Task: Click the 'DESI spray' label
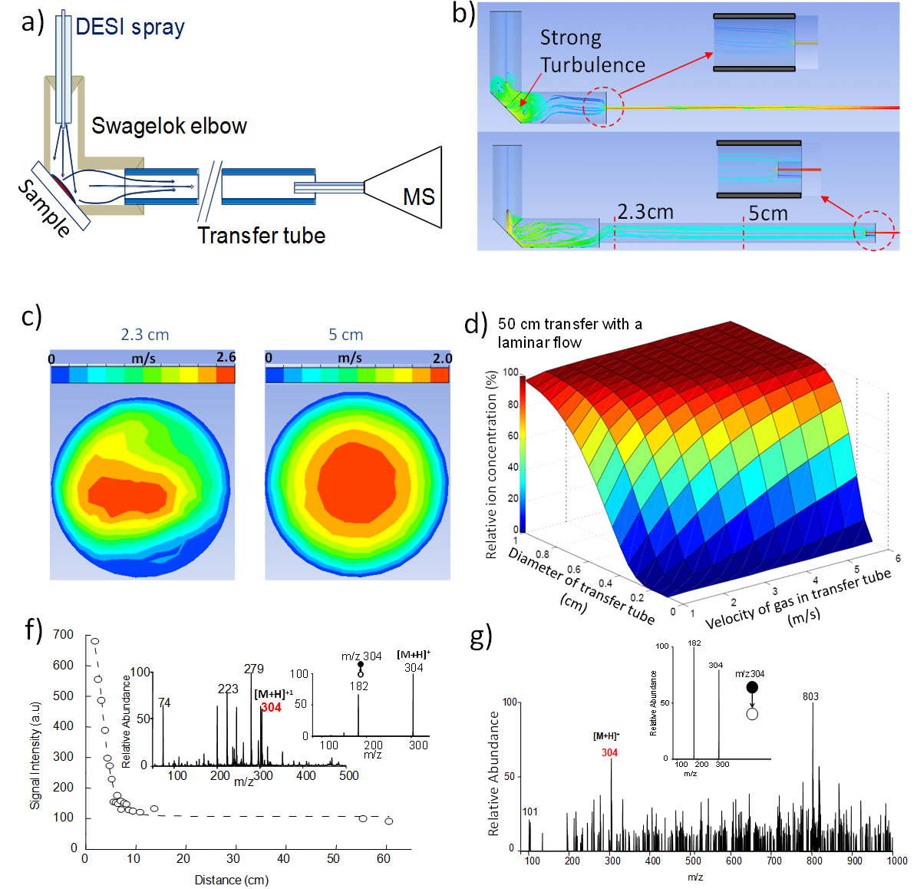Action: pos(130,28)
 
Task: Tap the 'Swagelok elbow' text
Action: pos(169,126)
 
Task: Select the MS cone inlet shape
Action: pos(405,187)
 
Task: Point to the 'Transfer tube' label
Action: pos(261,236)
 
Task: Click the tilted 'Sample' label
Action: pos(45,208)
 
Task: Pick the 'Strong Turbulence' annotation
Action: pos(592,51)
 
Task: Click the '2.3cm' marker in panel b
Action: pos(645,212)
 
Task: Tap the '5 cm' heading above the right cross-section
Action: pos(345,335)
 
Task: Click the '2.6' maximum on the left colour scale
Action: pos(226,358)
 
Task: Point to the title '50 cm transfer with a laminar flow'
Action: pos(569,333)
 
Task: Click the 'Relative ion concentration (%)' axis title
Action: pos(491,464)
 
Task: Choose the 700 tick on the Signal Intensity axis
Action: pos(64,634)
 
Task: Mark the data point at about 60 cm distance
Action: pos(389,821)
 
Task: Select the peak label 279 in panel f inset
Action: pos(254,669)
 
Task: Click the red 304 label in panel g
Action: pos(609,752)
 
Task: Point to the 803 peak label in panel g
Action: pos(810,696)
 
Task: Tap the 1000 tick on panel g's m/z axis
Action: pos(897,861)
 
